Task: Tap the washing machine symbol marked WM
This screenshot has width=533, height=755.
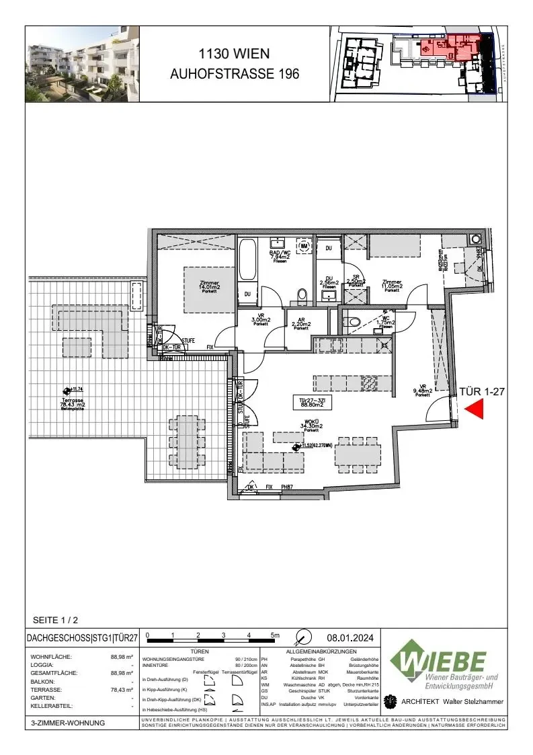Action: click(x=305, y=246)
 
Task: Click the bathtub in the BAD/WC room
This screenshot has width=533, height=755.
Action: click(x=248, y=260)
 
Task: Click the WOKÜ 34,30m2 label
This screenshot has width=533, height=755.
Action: click(x=311, y=425)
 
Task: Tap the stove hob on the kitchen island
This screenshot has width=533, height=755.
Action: click(x=370, y=384)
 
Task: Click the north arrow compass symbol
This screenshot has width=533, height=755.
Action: click(x=304, y=636)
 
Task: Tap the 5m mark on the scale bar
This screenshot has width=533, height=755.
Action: click(x=274, y=635)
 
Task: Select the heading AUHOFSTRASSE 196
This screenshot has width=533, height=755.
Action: click(x=235, y=74)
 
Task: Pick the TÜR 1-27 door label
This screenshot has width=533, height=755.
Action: click(x=481, y=391)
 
